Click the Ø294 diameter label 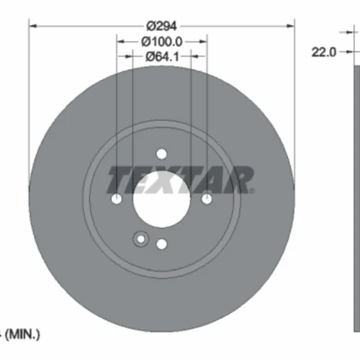coord(161,26)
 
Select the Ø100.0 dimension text coord(162,42)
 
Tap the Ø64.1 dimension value coord(162,57)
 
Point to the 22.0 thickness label coord(324,52)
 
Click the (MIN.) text coord(22,334)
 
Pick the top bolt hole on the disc coord(161,154)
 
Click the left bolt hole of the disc coord(117,199)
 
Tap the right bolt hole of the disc coord(207,199)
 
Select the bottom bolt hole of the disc coord(161,244)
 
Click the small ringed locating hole coord(141,239)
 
